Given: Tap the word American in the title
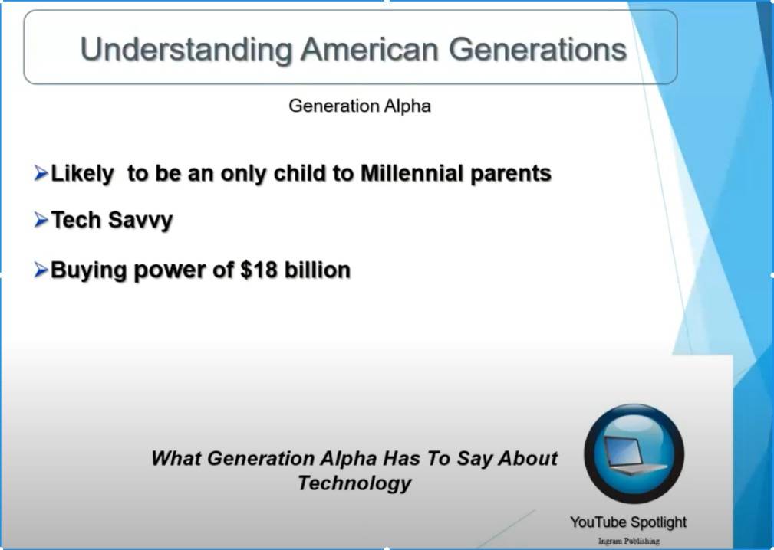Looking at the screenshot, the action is pos(370,49).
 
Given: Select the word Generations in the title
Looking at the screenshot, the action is pos(538,49).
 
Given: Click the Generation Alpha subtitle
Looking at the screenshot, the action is pos(359,106).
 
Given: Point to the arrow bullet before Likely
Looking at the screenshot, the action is pos(41,173).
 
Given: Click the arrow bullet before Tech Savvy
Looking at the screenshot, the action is pos(41,219).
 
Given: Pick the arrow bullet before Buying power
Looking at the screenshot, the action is pos(41,270).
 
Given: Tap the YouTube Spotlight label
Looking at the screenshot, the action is pos(628,522).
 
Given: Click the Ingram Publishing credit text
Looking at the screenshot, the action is pos(628,541).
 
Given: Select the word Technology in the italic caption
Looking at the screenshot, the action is pos(354,483).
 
